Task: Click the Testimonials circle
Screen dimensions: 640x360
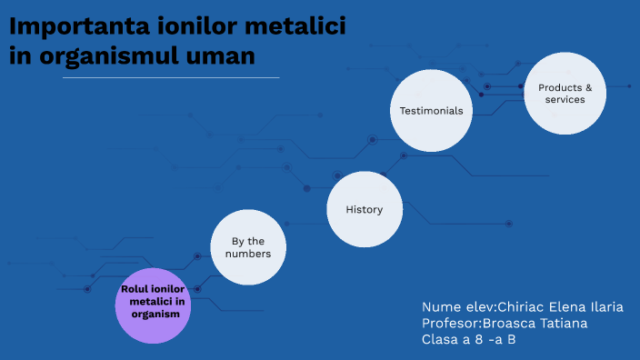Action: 432,110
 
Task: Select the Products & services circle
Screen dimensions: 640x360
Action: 565,94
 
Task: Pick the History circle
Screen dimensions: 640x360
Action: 364,209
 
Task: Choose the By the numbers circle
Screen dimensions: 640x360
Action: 248,247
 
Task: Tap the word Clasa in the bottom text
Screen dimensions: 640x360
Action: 441,340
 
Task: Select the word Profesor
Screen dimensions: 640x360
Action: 451,324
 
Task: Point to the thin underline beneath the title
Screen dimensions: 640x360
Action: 171,78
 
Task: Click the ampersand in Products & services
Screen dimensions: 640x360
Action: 588,88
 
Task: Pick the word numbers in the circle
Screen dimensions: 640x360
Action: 248,255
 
